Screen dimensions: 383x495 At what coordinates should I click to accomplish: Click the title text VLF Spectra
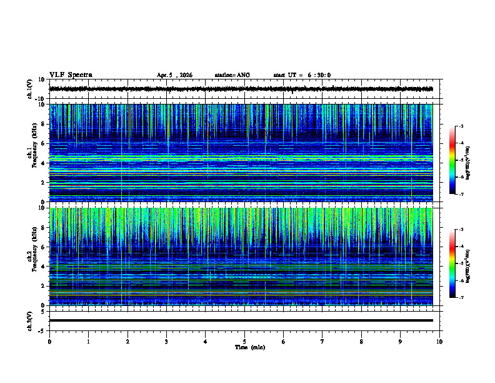[71, 74]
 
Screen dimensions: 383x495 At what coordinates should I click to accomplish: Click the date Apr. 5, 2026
[174, 75]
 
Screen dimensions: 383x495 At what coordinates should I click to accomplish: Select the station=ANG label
[232, 75]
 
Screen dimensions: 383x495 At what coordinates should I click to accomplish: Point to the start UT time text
[302, 75]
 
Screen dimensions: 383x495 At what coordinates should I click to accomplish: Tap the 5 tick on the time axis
[244, 341]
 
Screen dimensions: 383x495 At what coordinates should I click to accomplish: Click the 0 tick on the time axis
[49, 341]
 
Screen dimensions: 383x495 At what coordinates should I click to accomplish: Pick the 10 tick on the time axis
[439, 341]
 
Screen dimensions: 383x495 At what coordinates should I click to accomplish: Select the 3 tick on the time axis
[166, 341]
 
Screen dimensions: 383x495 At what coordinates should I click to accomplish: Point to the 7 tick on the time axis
[322, 341]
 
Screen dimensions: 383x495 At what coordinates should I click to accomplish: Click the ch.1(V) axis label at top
[30, 89]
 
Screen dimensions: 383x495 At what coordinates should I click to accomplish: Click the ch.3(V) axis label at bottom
[30, 320]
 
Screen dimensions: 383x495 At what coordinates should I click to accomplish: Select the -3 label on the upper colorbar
[461, 126]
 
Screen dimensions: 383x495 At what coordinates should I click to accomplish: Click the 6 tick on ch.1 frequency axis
[42, 143]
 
